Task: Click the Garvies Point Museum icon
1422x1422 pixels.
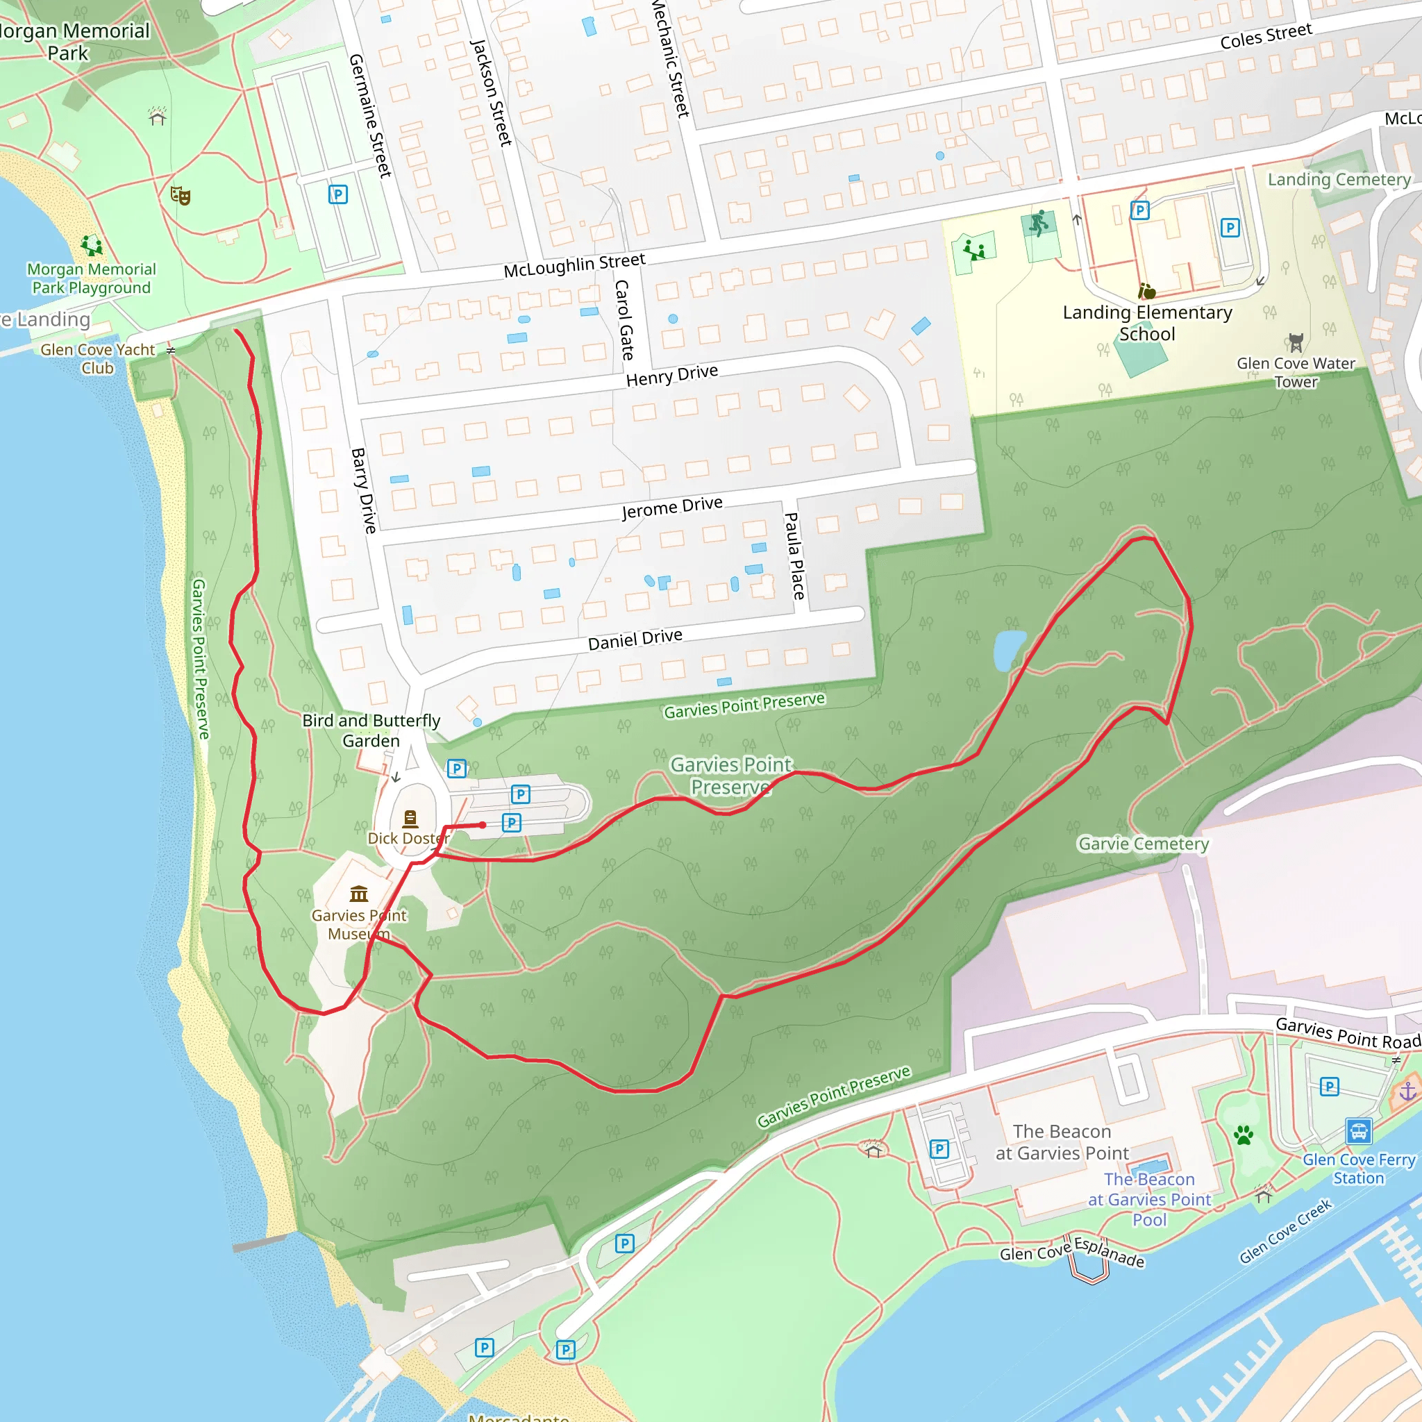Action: point(359,894)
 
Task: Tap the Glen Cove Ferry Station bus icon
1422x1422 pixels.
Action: point(1358,1130)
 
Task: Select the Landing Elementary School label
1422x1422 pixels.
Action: point(1147,323)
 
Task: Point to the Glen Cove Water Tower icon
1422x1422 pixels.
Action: point(1296,342)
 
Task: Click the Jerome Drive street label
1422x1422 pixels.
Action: point(672,507)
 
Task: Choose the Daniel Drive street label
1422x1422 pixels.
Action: point(635,639)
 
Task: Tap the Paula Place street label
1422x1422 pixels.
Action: point(794,555)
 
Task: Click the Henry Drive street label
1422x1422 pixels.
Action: point(672,376)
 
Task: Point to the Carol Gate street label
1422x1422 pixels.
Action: point(624,319)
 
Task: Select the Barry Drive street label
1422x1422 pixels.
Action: point(364,490)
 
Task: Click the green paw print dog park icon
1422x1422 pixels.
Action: point(1244,1135)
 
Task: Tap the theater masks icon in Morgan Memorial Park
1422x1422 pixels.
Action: point(181,195)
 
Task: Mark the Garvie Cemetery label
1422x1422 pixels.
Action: point(1143,844)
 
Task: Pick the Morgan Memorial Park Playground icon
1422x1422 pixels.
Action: point(91,245)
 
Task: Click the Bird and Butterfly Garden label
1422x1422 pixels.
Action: point(371,730)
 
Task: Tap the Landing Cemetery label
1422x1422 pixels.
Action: point(1339,180)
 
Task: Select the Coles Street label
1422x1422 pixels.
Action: point(1265,36)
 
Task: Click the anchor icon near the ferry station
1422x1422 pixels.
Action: point(1407,1091)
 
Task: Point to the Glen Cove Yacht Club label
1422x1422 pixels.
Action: point(98,358)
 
